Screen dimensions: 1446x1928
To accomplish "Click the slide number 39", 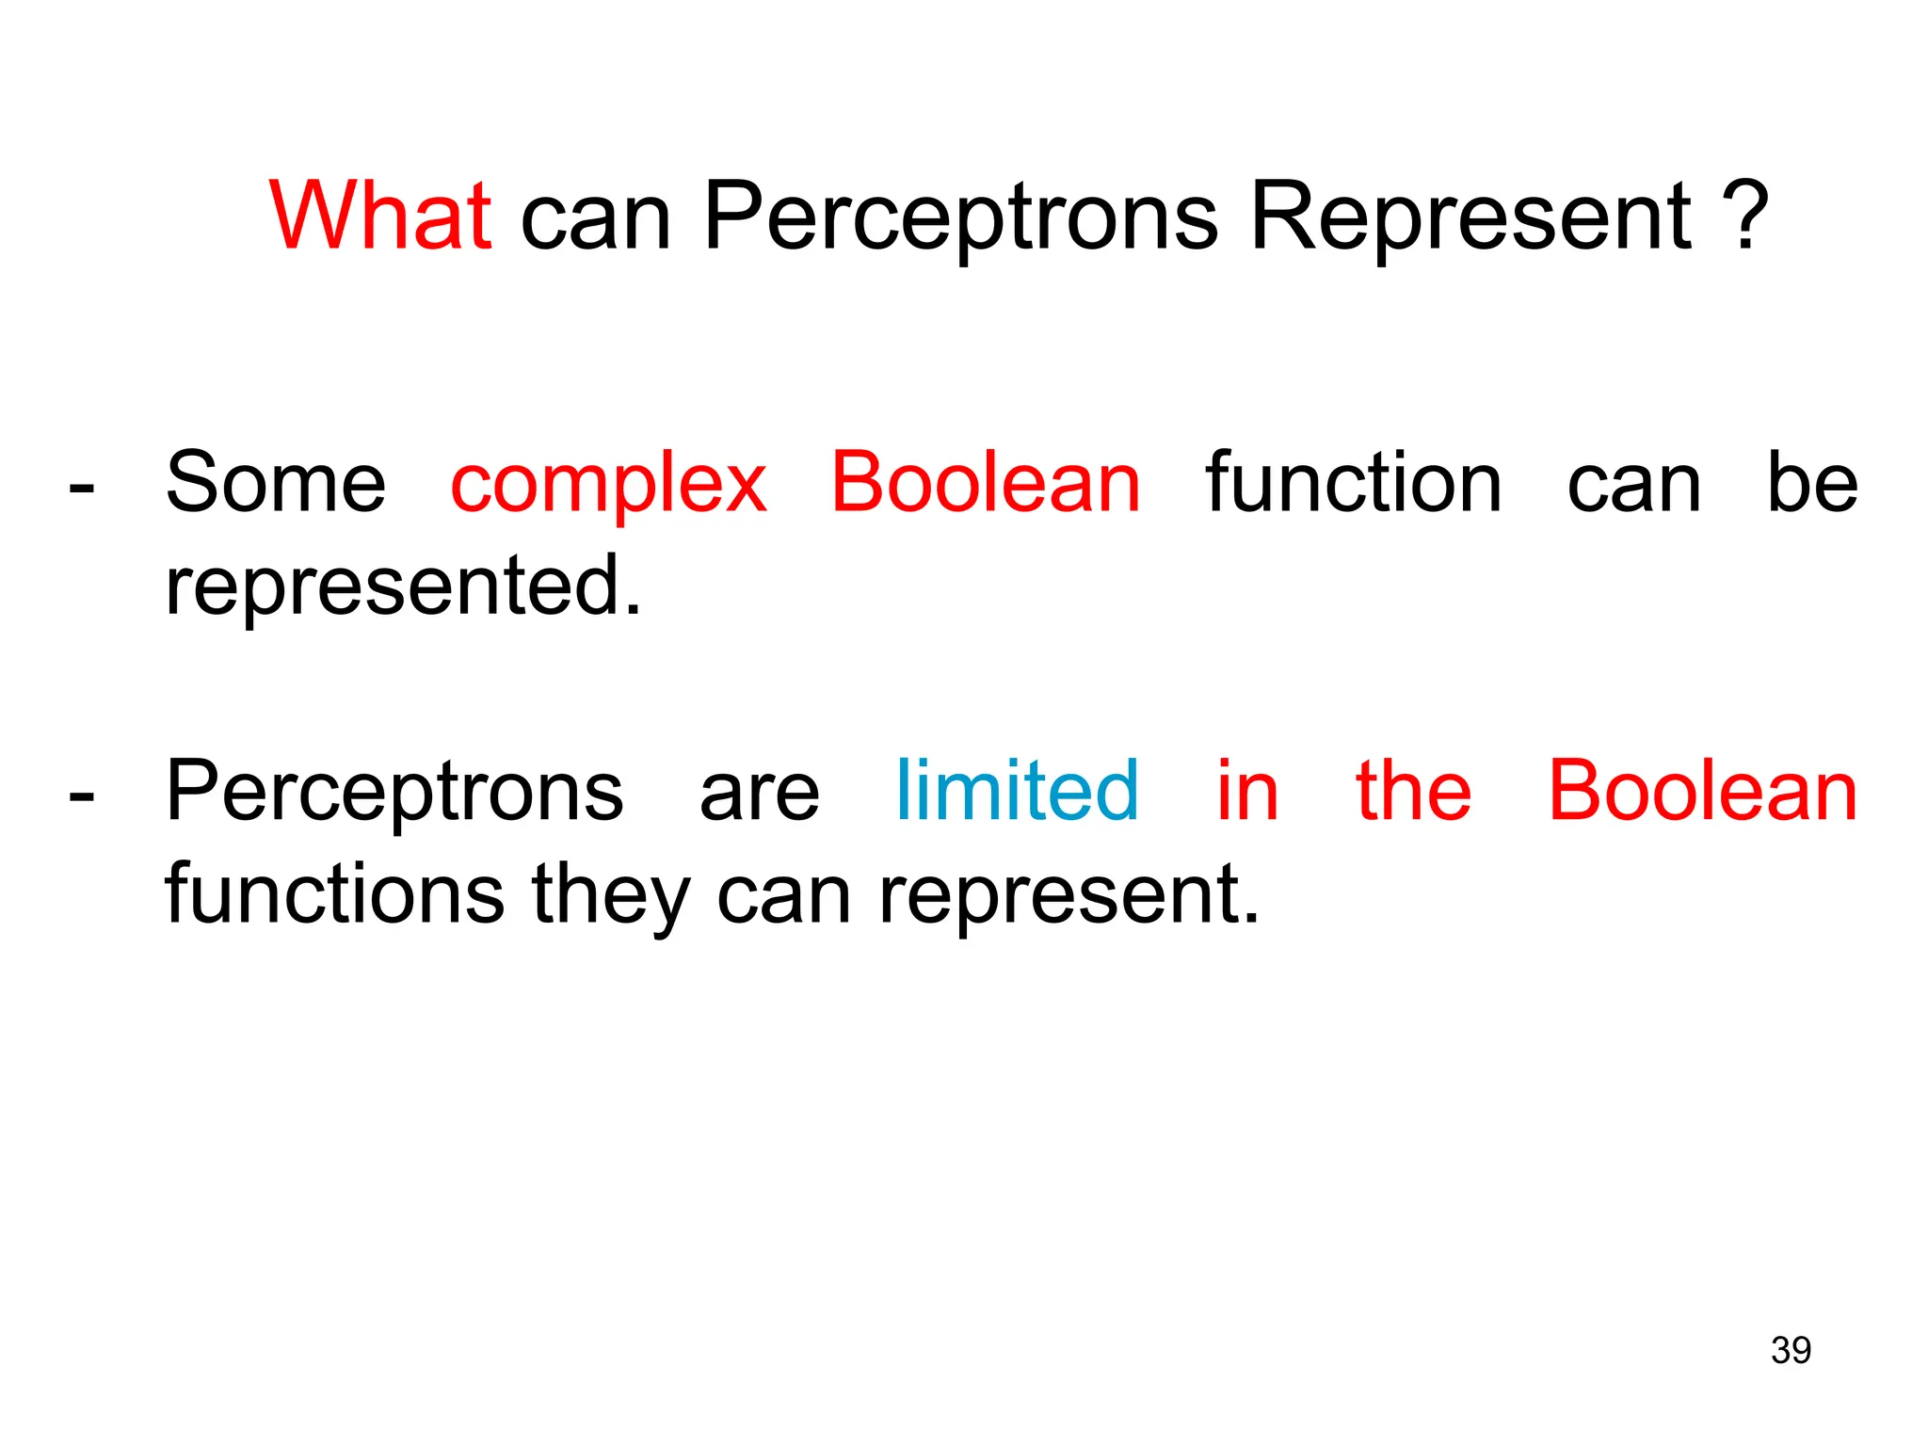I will pos(1791,1350).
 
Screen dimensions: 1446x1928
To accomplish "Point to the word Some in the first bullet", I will pos(276,483).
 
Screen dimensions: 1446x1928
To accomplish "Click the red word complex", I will pos(608,483).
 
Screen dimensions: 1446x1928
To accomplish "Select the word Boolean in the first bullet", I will pos(986,483).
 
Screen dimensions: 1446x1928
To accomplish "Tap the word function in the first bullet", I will pos(1354,483).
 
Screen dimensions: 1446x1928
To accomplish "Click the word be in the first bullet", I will pos(1812,483).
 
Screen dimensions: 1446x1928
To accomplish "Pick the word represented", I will pos(403,586).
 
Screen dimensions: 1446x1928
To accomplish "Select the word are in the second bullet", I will pos(760,794).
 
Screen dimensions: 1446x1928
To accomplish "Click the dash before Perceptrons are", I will pos(82,797).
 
